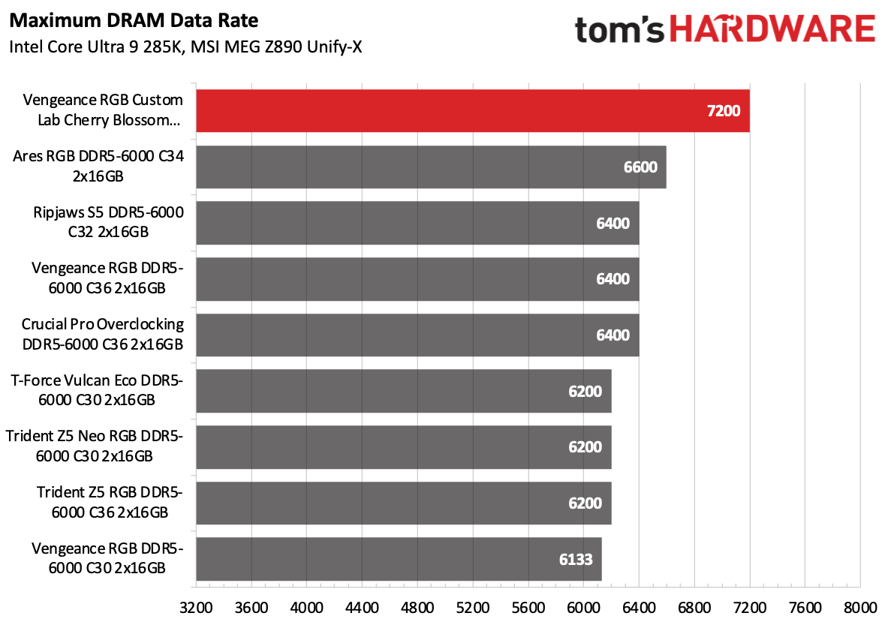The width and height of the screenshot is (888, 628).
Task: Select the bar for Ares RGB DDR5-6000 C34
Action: [431, 167]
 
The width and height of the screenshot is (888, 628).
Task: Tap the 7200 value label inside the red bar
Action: [723, 111]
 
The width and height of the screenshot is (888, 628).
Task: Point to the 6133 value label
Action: [574, 559]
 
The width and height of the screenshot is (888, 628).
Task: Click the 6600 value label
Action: [640, 167]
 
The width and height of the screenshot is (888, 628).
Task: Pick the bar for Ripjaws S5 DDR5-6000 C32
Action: [417, 223]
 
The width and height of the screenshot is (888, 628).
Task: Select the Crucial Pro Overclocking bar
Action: [417, 335]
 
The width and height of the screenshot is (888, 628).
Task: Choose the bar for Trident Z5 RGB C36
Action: [403, 503]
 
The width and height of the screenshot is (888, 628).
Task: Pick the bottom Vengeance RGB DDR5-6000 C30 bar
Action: [399, 559]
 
